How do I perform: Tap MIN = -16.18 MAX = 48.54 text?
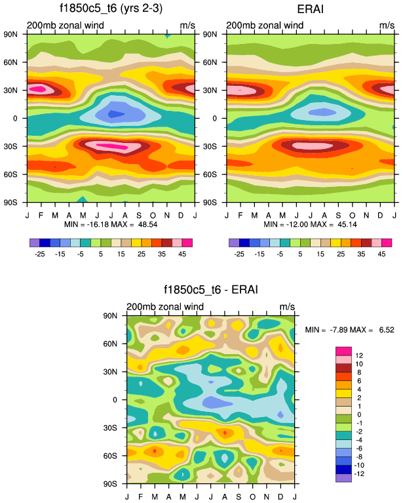[x=109, y=224]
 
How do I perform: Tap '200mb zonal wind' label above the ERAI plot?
[x=265, y=26]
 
